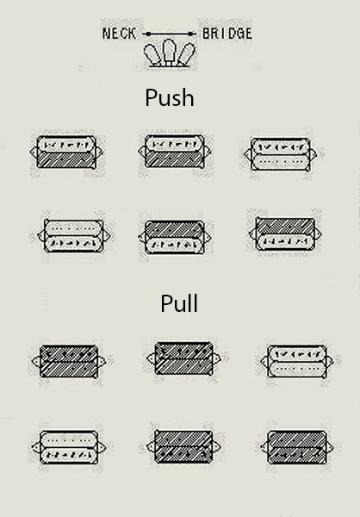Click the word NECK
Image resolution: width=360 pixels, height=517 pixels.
[x=119, y=34]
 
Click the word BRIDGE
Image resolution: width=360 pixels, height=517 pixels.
[x=227, y=34]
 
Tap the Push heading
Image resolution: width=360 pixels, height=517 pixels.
[x=170, y=98]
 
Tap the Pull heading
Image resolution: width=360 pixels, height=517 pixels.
[x=179, y=303]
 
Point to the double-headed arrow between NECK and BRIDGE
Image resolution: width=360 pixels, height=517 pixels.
[x=170, y=34]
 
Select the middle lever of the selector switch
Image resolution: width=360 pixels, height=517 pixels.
[x=169, y=51]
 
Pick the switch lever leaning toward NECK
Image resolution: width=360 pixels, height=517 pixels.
[x=152, y=54]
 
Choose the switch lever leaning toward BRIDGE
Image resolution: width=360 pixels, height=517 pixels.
[x=186, y=54]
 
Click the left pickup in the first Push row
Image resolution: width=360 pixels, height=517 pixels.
[x=66, y=153]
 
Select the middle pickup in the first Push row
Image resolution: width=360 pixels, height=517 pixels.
[x=174, y=152]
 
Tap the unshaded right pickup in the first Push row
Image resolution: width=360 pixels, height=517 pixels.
[x=281, y=154]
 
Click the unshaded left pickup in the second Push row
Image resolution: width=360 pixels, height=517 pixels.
[x=73, y=235]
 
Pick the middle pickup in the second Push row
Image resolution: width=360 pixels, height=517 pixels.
[x=174, y=237]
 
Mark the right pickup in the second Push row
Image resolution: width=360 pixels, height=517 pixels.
[x=285, y=234]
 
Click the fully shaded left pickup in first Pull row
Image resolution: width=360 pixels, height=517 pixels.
[x=69, y=361]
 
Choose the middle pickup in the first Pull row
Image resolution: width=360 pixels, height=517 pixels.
[x=183, y=358]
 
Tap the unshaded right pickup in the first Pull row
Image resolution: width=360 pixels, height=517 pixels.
[x=297, y=361]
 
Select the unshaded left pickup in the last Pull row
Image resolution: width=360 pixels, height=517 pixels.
[x=69, y=447]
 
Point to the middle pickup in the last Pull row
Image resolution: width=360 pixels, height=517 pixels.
[x=183, y=446]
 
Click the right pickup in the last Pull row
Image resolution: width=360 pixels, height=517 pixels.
[x=297, y=447]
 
